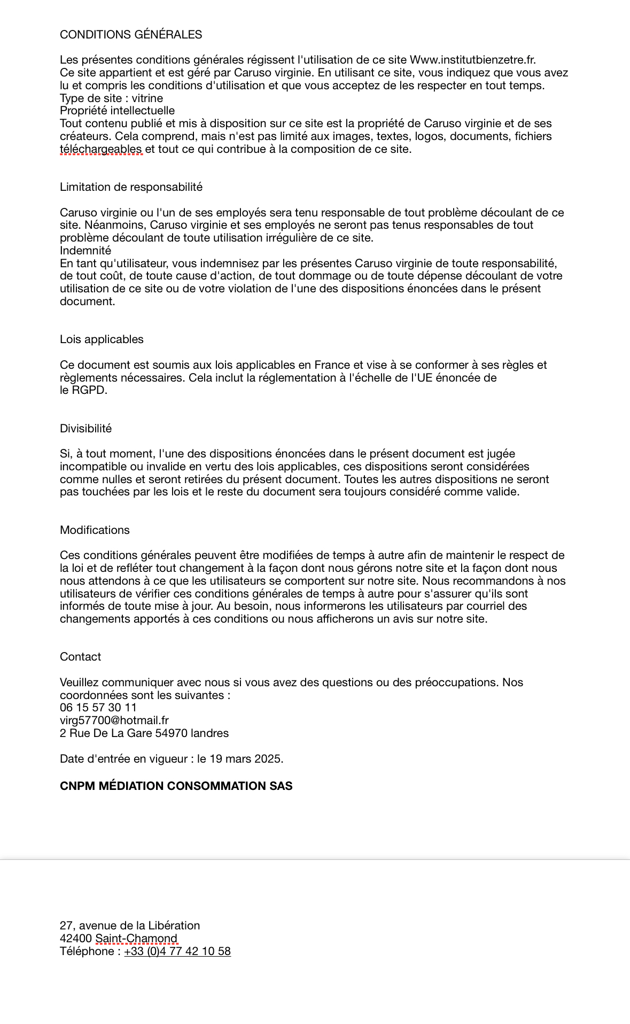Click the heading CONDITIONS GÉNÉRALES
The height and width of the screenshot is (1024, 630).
click(131, 35)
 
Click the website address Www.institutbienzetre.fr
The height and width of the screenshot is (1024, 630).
click(472, 60)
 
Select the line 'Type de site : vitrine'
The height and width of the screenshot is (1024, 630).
click(111, 98)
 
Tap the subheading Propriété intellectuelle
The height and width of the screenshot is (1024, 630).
click(117, 111)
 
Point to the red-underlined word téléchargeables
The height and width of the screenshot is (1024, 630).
click(101, 149)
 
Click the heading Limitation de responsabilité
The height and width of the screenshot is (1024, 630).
click(131, 187)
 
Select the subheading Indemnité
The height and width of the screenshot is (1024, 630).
click(85, 251)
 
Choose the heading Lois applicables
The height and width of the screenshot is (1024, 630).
click(102, 339)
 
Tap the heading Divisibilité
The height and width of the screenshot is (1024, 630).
click(85, 429)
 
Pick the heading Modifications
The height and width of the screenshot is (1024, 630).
click(95, 530)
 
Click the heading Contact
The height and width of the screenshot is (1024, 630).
click(80, 657)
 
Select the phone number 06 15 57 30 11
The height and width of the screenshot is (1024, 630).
click(98, 708)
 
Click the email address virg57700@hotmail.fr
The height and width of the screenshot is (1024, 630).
click(114, 720)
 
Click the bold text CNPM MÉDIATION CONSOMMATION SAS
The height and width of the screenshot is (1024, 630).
click(176, 786)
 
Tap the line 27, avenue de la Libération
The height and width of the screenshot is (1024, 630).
click(130, 926)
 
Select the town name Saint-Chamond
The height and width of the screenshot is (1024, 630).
click(136, 938)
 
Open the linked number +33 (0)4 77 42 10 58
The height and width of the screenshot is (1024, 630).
click(177, 951)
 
